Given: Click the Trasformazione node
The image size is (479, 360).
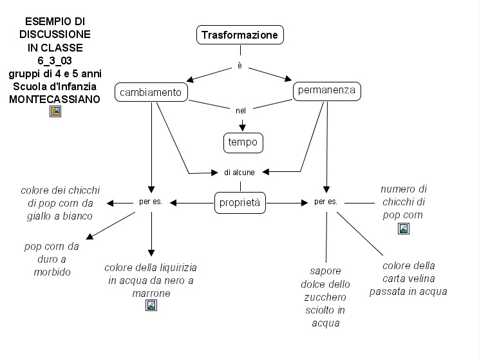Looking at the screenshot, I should tap(240, 35).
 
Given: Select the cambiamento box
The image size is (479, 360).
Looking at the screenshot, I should tap(151, 93).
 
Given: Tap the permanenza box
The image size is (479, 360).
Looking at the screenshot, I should tap(326, 91).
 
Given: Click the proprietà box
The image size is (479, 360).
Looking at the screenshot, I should tap(241, 203).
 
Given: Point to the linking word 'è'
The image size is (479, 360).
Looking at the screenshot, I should tap(240, 66).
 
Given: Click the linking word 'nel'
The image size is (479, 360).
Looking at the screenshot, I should tap(241, 111).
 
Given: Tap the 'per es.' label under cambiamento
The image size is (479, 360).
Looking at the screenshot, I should tap(151, 202).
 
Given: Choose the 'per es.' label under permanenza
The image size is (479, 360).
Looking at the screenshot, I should tap(326, 202).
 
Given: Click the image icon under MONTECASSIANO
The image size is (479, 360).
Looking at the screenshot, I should tap(55, 111).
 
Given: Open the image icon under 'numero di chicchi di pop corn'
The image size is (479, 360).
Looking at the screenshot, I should tap(403, 228).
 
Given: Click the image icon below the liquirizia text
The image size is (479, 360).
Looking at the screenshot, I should tap(151, 305).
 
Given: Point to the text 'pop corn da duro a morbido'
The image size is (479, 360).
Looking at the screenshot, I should tap(52, 259).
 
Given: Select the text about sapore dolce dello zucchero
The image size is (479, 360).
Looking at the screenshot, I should tap(325, 296).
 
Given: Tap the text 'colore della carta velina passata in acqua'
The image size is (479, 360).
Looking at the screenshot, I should tap(408, 278).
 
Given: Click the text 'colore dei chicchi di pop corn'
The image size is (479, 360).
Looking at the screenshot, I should tap(61, 203).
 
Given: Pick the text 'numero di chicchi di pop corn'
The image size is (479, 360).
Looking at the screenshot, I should tap(404, 202).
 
